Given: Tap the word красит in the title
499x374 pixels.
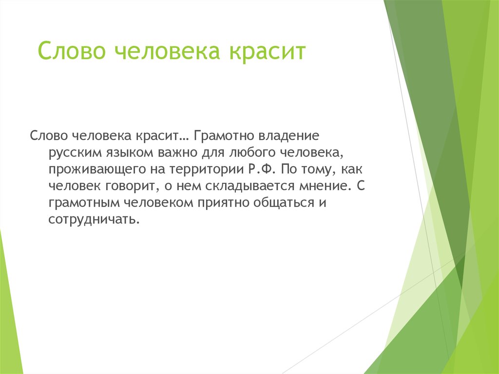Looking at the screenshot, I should click(265, 51).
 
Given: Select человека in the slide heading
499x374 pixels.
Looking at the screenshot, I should click(164, 51).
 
